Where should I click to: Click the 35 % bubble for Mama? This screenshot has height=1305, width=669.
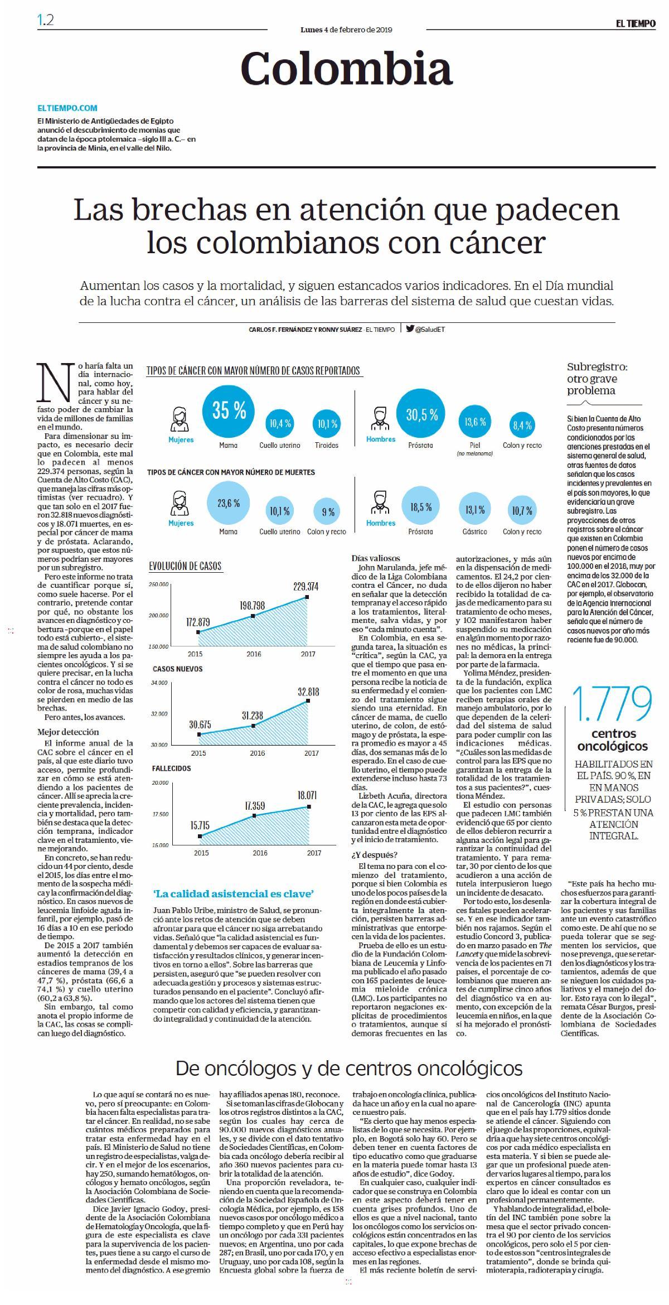pyautogui.click(x=229, y=411)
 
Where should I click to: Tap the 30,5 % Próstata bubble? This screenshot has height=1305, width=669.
pyautogui.click(x=421, y=414)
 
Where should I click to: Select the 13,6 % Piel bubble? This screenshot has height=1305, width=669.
pyautogui.click(x=475, y=423)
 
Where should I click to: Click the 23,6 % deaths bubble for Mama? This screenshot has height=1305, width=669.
pyautogui.click(x=229, y=503)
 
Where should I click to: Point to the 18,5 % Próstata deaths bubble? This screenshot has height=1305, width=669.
pyautogui.click(x=421, y=506)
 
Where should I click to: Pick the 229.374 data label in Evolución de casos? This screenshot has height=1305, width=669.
pyautogui.click(x=306, y=586)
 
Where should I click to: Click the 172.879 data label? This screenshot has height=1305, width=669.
pyautogui.click(x=198, y=622)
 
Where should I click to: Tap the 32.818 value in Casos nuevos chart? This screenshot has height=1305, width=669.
pyautogui.click(x=308, y=692)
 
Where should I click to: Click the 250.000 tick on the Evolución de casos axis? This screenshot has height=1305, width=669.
pyautogui.click(x=159, y=584)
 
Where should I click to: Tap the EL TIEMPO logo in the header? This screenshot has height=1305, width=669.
pyautogui.click(x=636, y=24)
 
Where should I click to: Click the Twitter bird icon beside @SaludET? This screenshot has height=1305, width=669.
pyautogui.click(x=410, y=328)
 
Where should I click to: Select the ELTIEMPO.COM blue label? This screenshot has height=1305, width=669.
pyautogui.click(x=67, y=108)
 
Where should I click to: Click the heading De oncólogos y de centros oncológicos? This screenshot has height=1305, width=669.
pyautogui.click(x=349, y=1069)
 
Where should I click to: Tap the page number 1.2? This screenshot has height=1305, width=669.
pyautogui.click(x=46, y=21)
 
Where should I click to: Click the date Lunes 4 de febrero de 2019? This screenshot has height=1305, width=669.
pyautogui.click(x=346, y=30)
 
